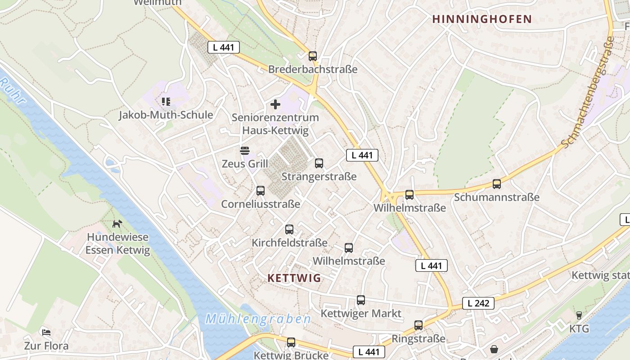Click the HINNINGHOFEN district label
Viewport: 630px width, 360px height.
click(x=482, y=19)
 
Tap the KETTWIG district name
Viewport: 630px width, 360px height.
click(x=294, y=278)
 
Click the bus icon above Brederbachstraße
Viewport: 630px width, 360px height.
click(x=313, y=56)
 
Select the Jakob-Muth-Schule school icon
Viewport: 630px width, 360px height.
click(x=166, y=102)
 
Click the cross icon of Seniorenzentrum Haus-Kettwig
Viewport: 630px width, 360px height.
click(x=275, y=104)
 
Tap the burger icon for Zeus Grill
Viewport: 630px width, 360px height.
click(x=244, y=150)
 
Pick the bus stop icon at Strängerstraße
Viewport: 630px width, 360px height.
click(x=319, y=163)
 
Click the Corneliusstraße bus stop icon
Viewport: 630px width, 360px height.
click(x=261, y=191)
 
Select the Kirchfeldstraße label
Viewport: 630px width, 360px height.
click(x=289, y=243)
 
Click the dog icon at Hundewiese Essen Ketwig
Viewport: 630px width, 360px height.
click(x=117, y=223)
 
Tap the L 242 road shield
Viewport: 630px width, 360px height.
click(x=478, y=303)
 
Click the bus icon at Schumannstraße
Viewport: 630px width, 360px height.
click(x=497, y=184)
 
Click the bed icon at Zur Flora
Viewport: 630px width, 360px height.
click(x=46, y=333)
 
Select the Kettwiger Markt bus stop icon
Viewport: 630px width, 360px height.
click(x=361, y=300)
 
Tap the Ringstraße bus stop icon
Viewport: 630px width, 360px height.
click(x=418, y=325)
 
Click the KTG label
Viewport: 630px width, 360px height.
click(x=579, y=329)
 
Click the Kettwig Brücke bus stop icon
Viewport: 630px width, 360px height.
click(x=291, y=342)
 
